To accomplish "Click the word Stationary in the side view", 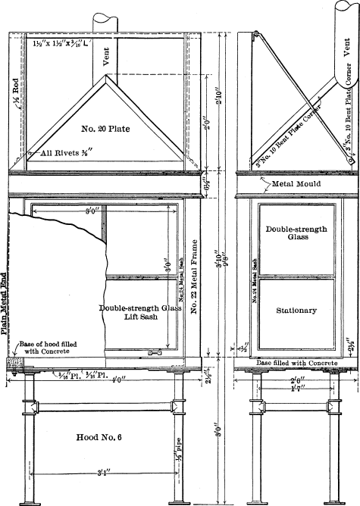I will point(296,311).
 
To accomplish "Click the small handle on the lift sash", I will point(155,353).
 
